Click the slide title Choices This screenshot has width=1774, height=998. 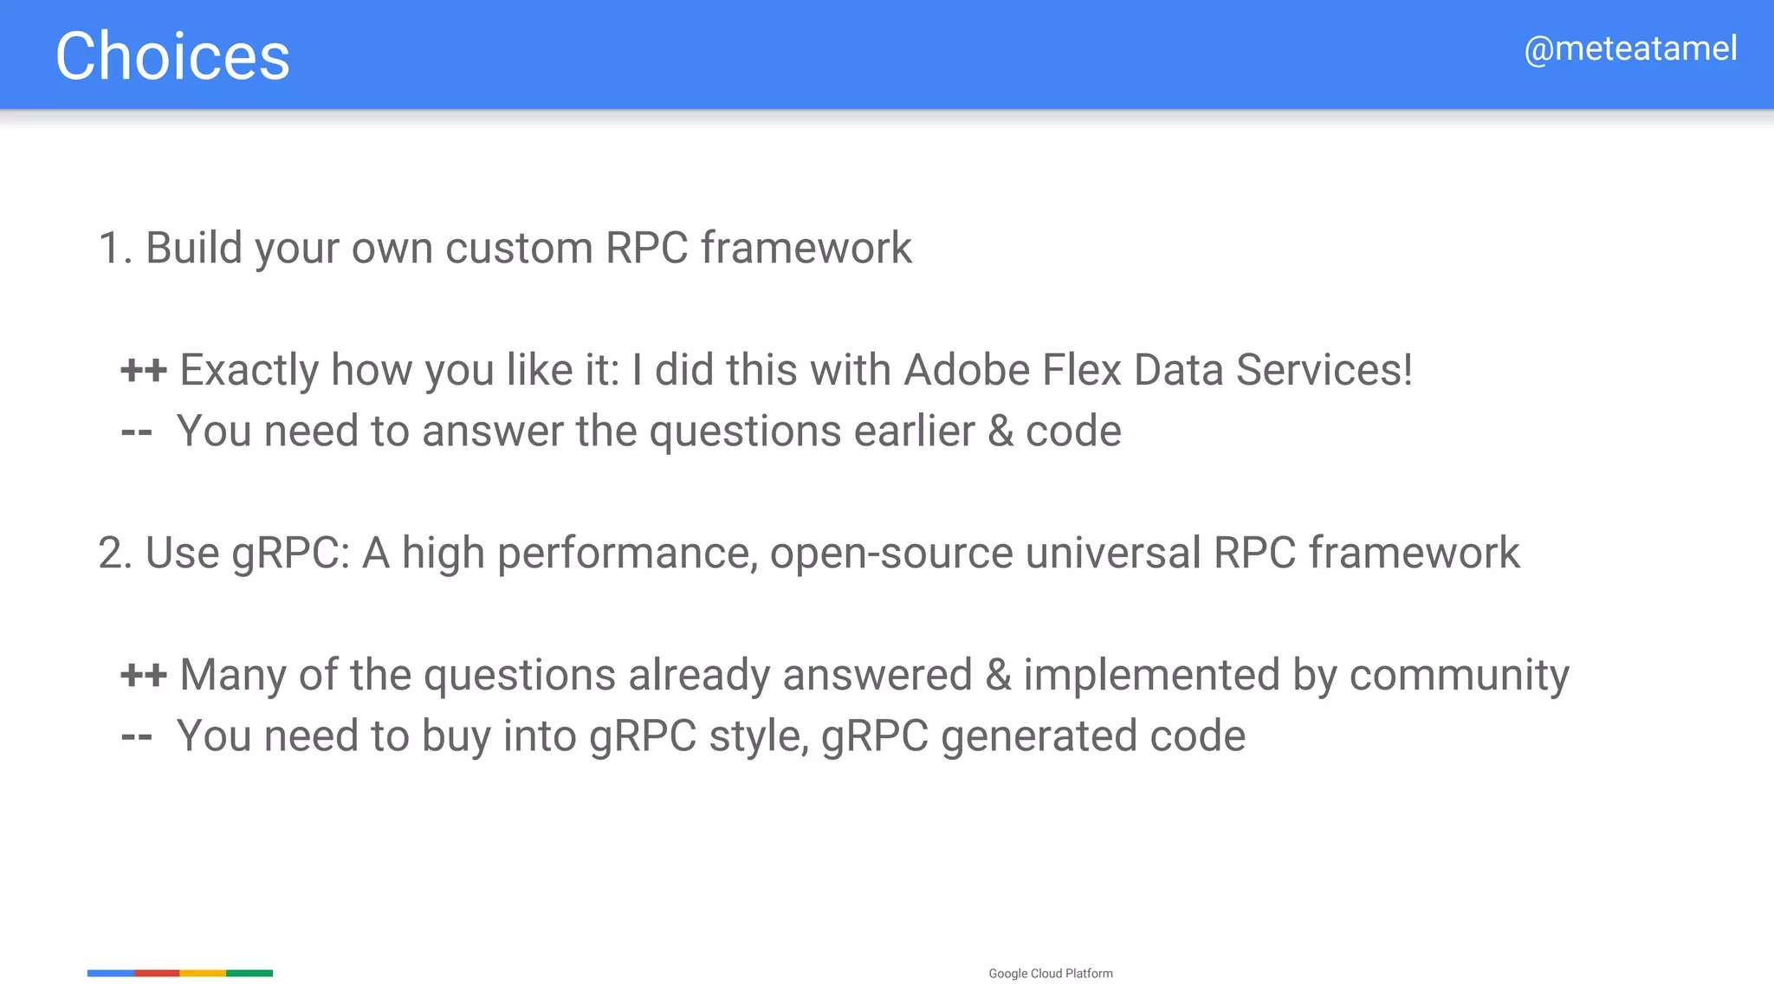[x=172, y=56]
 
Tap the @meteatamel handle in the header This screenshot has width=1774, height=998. [x=1630, y=49]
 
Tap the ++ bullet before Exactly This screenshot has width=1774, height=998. [x=143, y=370]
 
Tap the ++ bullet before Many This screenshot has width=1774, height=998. [x=143, y=675]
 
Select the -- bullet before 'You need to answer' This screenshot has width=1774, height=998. [x=136, y=431]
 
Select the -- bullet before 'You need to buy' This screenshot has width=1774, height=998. [x=136, y=736]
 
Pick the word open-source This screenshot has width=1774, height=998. [x=891, y=554]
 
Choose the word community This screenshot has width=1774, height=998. [x=1459, y=675]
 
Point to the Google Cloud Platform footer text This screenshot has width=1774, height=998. [x=1051, y=974]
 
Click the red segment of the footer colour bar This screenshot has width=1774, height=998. [x=157, y=973]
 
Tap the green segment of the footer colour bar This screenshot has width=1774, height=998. [x=249, y=973]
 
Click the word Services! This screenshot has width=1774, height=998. [x=1324, y=370]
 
